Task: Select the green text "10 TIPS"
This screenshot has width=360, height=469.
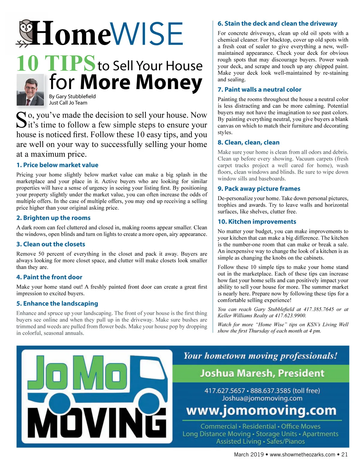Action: (56, 63)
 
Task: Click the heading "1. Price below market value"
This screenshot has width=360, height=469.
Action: (57, 165)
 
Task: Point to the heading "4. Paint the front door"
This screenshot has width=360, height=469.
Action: (49, 277)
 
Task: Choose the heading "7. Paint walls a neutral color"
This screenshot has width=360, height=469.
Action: (259, 89)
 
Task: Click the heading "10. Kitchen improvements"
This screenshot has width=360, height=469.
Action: (257, 222)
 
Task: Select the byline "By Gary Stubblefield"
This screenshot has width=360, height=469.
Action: (72, 96)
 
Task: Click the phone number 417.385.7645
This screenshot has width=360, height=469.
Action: (319, 309)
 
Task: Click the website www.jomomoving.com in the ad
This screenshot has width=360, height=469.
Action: (261, 410)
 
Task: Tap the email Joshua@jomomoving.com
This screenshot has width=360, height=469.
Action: (262, 398)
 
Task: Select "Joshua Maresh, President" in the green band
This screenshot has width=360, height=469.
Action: (262, 373)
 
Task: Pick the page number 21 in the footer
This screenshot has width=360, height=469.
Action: (344, 454)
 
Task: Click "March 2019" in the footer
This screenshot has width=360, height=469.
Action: (248, 454)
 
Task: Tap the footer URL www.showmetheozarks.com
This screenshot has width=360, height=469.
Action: (302, 454)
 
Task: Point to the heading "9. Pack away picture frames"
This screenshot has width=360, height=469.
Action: (259, 189)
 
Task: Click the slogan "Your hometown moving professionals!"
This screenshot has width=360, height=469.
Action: (260, 356)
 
